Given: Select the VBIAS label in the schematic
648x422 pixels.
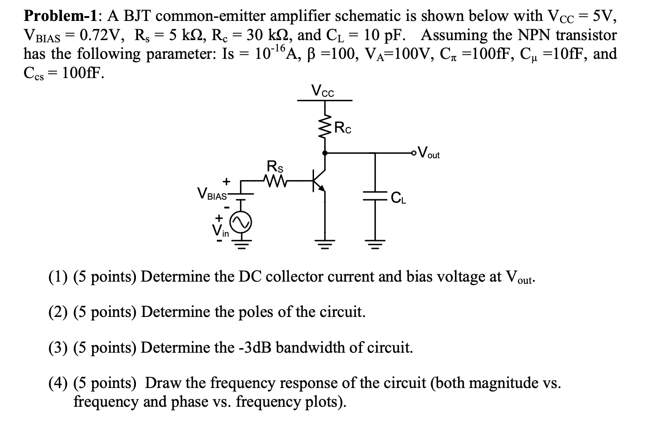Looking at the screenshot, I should (212, 193).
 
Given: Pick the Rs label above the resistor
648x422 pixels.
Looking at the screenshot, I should (275, 166).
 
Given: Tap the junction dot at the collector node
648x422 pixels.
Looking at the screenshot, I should (325, 153).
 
